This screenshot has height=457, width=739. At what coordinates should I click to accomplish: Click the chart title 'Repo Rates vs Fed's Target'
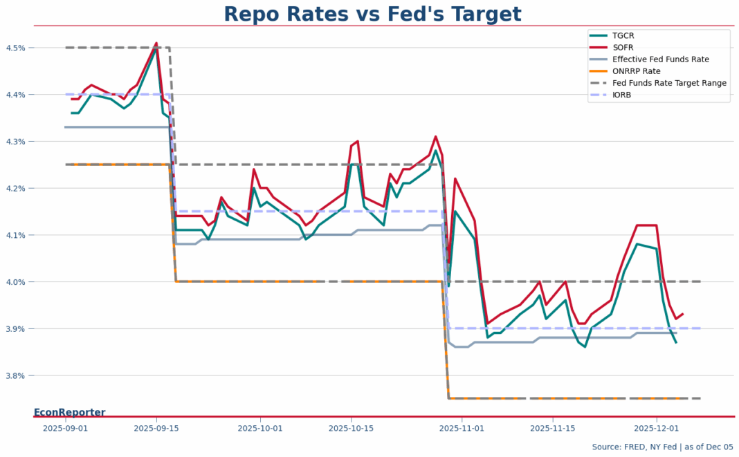coord(372,15)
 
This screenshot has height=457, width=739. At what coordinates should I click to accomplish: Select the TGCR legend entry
coord(623,35)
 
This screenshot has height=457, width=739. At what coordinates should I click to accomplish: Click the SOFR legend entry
coord(623,47)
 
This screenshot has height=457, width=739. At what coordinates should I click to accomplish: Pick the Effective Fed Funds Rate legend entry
coord(660,59)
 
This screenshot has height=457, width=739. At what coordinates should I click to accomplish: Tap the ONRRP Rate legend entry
coord(636,71)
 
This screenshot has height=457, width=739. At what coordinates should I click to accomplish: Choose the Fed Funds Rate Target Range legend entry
coord(669,83)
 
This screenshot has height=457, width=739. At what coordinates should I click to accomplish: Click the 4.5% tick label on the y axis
coord(17,48)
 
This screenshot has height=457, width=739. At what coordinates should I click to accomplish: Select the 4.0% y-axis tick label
coord(17,282)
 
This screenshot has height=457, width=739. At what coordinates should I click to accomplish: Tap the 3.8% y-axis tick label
coord(17,375)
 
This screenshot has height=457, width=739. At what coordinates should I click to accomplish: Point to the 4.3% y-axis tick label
coord(17,142)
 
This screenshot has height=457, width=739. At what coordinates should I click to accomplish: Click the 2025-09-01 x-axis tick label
coord(65,429)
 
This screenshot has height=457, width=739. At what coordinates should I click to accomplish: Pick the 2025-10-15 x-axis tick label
coord(351,429)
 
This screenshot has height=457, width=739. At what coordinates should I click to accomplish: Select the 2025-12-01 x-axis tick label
coord(656,429)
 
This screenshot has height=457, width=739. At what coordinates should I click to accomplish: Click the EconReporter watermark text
coord(69,413)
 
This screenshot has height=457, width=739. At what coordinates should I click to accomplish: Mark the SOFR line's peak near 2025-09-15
coord(156,43)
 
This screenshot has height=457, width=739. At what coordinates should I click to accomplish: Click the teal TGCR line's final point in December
coord(676,342)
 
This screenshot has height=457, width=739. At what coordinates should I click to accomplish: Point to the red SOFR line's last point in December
coord(683,314)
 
